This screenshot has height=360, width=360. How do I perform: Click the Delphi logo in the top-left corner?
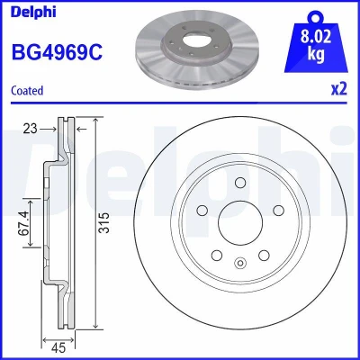point(33,12)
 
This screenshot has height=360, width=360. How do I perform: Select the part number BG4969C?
point(57,51)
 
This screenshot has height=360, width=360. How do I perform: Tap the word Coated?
point(27,91)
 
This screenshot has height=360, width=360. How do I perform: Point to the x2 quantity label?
point(338,89)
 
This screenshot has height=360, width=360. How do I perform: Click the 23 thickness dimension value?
point(30,129)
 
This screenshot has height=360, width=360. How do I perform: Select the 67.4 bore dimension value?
point(24,223)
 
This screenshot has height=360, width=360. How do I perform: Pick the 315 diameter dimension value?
point(104,223)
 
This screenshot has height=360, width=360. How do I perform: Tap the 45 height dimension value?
point(58,348)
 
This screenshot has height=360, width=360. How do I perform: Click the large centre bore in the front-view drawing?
point(240,222)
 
